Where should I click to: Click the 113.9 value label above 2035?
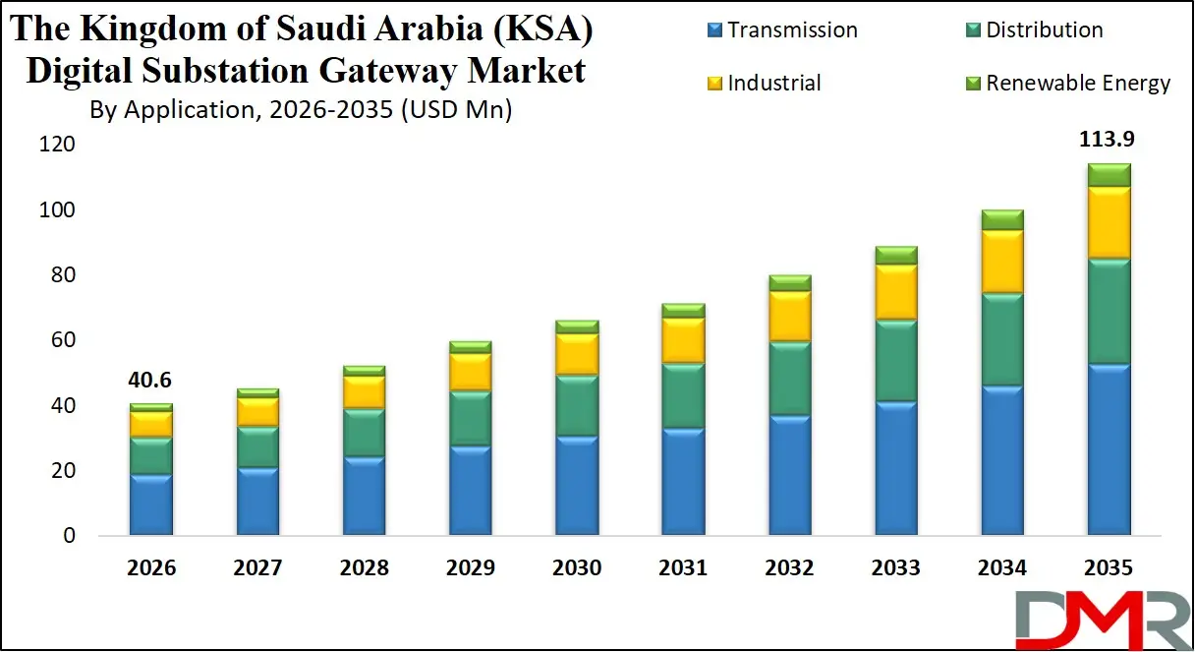[1108, 140]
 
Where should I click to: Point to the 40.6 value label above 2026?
[150, 381]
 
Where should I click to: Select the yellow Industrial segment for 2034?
[1001, 262]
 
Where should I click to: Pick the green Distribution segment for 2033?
[895, 360]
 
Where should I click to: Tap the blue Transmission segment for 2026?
[150, 504]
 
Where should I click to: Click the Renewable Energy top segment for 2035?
[1108, 175]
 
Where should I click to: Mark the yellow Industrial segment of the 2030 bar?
[577, 354]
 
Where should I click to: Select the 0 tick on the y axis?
[68, 536]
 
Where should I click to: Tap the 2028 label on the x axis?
[364, 568]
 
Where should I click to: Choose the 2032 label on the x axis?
[789, 568]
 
